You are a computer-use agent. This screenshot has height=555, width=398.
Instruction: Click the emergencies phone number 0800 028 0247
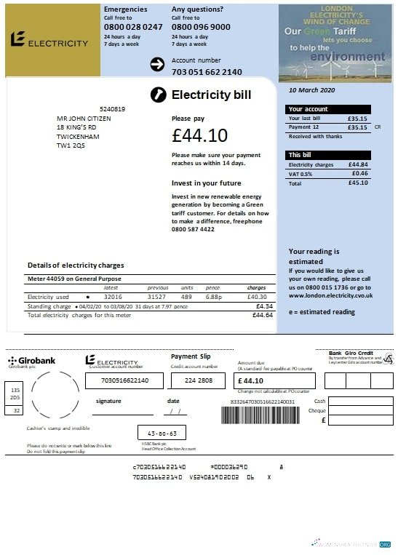click(x=133, y=27)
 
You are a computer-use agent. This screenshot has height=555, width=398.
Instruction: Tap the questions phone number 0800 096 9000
click(x=201, y=27)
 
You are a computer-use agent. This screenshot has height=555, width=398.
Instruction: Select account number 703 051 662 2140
click(x=207, y=72)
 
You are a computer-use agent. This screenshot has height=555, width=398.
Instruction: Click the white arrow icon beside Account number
click(x=157, y=65)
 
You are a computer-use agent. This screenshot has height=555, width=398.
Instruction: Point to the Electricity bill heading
click(x=211, y=95)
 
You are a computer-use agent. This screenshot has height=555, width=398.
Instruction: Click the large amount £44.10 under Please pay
click(x=199, y=135)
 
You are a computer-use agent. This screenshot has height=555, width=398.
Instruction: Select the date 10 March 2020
click(x=312, y=91)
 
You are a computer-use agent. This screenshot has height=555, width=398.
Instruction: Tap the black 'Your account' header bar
click(x=329, y=109)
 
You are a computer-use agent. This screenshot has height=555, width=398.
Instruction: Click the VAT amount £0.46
click(x=359, y=173)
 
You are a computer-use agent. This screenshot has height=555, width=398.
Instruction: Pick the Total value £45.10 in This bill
click(x=358, y=183)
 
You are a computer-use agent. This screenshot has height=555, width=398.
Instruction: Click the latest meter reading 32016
click(x=113, y=297)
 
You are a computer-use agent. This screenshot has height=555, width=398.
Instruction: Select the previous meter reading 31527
click(x=156, y=297)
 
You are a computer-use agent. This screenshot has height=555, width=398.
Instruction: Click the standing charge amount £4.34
click(x=263, y=306)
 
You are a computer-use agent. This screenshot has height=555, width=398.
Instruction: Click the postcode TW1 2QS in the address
click(x=71, y=145)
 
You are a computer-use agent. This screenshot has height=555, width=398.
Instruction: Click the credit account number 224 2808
click(x=199, y=380)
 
